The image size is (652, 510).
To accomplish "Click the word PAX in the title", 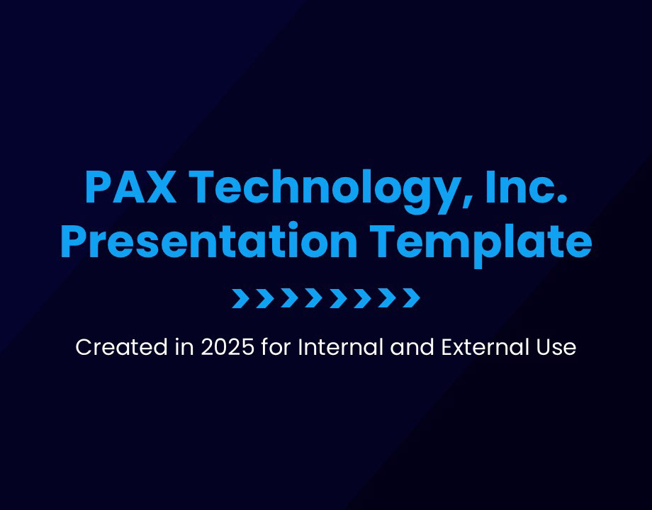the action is pyautogui.click(x=130, y=187).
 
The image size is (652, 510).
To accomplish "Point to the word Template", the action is pyautogui.click(x=480, y=244).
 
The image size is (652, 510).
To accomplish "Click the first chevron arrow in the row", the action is pyautogui.click(x=241, y=297).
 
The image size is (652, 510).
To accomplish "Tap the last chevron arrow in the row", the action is pyautogui.click(x=411, y=297).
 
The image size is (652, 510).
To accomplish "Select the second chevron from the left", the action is pyautogui.click(x=265, y=297).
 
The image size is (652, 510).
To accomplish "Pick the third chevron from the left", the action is pyautogui.click(x=289, y=297).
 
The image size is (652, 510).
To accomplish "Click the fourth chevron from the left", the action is pyautogui.click(x=313, y=297).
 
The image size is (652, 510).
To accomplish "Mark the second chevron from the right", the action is pyautogui.click(x=387, y=297).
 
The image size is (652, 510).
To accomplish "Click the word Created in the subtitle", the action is pyautogui.click(x=121, y=347).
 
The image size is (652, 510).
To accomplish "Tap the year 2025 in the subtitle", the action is pyautogui.click(x=227, y=348).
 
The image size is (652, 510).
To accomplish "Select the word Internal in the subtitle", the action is pyautogui.click(x=341, y=347).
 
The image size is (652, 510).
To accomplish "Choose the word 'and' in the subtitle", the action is pyautogui.click(x=412, y=348).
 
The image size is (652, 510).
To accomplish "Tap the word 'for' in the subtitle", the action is pyautogui.click(x=276, y=347).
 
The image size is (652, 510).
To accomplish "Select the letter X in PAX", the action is pyautogui.click(x=159, y=187).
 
